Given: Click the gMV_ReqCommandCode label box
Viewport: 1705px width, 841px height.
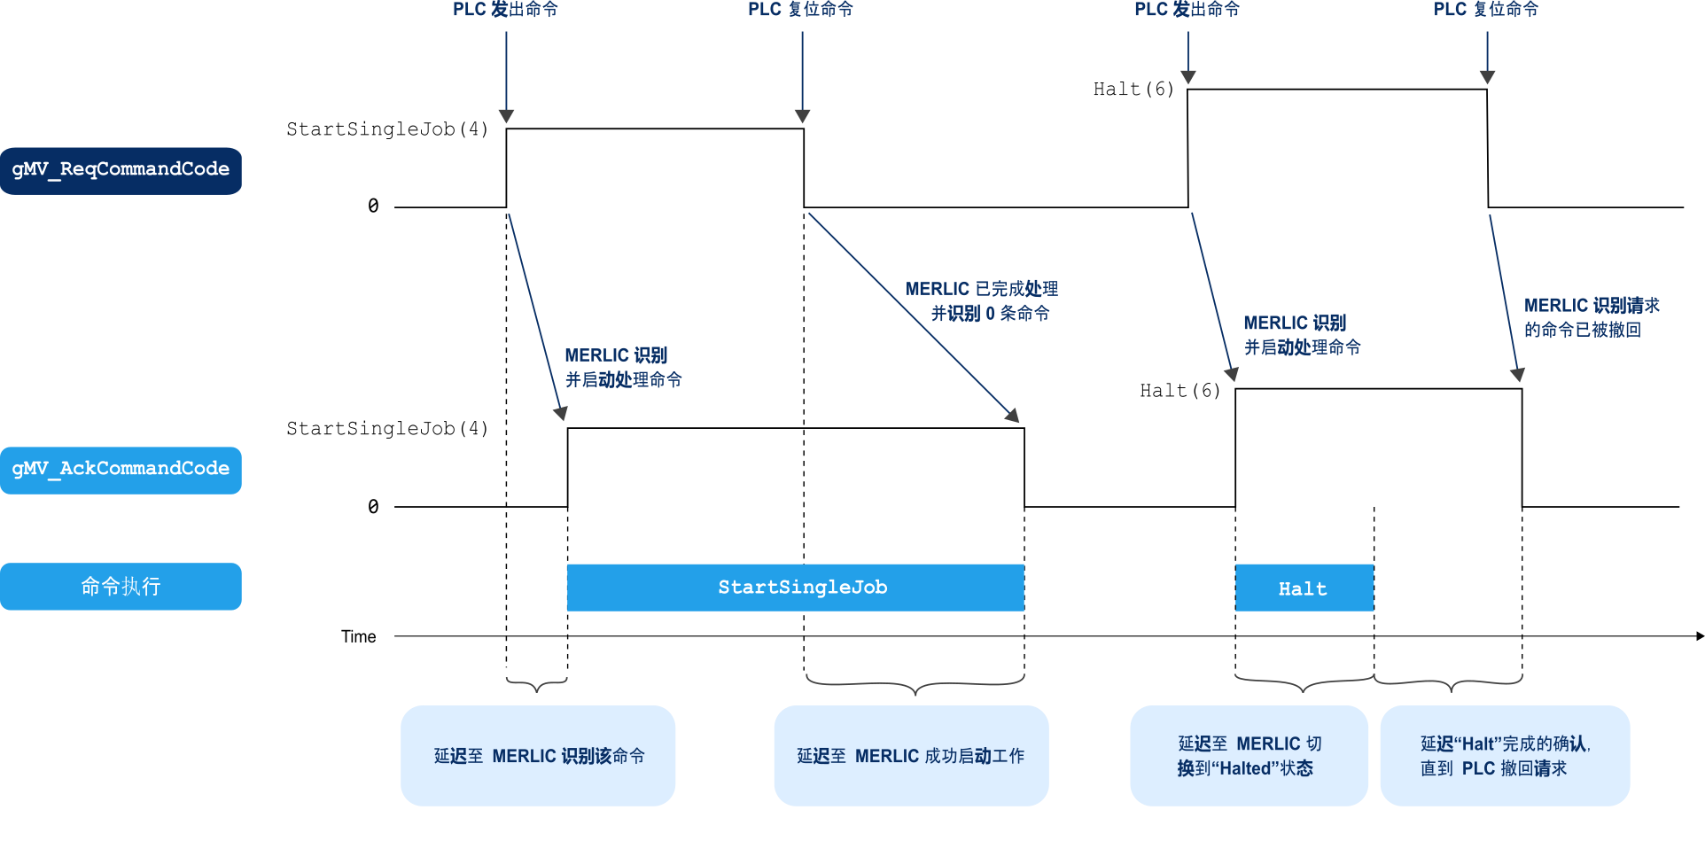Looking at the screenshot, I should tap(121, 170).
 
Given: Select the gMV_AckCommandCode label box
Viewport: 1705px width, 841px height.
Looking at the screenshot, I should tap(121, 470).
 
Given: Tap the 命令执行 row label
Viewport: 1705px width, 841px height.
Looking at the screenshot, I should tap(121, 587).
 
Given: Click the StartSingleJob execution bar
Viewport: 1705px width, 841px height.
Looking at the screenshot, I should tap(795, 588).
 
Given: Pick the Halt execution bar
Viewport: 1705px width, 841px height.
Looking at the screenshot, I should tap(1304, 588).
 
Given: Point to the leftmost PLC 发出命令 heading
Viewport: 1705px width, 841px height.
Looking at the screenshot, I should tap(505, 10).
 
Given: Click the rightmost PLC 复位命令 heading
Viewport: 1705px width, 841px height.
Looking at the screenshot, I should tap(1486, 10).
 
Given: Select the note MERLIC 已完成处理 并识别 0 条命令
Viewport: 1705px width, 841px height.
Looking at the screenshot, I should tap(982, 301).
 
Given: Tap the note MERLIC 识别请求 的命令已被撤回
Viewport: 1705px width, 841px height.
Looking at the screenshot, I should tap(1592, 317).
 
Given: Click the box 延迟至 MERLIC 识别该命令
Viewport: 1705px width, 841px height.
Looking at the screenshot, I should tap(538, 756).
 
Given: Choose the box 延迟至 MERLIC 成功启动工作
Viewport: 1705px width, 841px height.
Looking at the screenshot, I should tap(911, 756).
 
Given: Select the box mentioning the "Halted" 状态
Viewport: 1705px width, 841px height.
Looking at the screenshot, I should tap(1249, 756).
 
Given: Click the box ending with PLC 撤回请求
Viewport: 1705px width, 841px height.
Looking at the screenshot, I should tap(1505, 756).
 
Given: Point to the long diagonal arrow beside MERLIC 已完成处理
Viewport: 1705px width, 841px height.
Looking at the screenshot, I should tap(913, 315).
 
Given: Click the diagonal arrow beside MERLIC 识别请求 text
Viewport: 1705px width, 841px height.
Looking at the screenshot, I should tap(1504, 298).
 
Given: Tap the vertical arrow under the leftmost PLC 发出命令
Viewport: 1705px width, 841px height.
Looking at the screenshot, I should tap(507, 76).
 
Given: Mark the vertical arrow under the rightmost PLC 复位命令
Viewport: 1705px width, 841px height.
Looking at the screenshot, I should tap(1487, 58).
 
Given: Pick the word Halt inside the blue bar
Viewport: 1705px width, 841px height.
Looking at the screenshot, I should tap(1303, 589).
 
